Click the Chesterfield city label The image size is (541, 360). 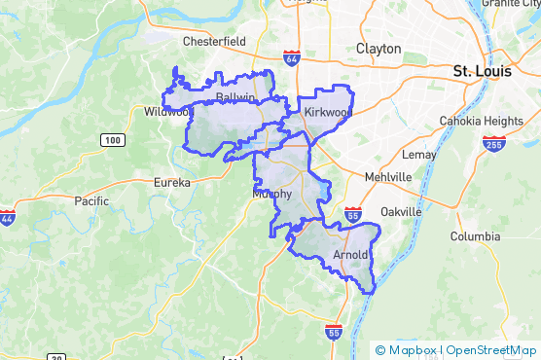coord(214,41)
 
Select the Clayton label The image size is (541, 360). coord(379,48)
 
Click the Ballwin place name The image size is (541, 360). coord(235,98)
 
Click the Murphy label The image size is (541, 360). coord(271,194)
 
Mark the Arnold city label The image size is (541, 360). coord(351,255)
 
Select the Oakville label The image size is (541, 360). coord(401,211)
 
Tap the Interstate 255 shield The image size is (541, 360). coord(492,143)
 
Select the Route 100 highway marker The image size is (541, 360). coord(112,141)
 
